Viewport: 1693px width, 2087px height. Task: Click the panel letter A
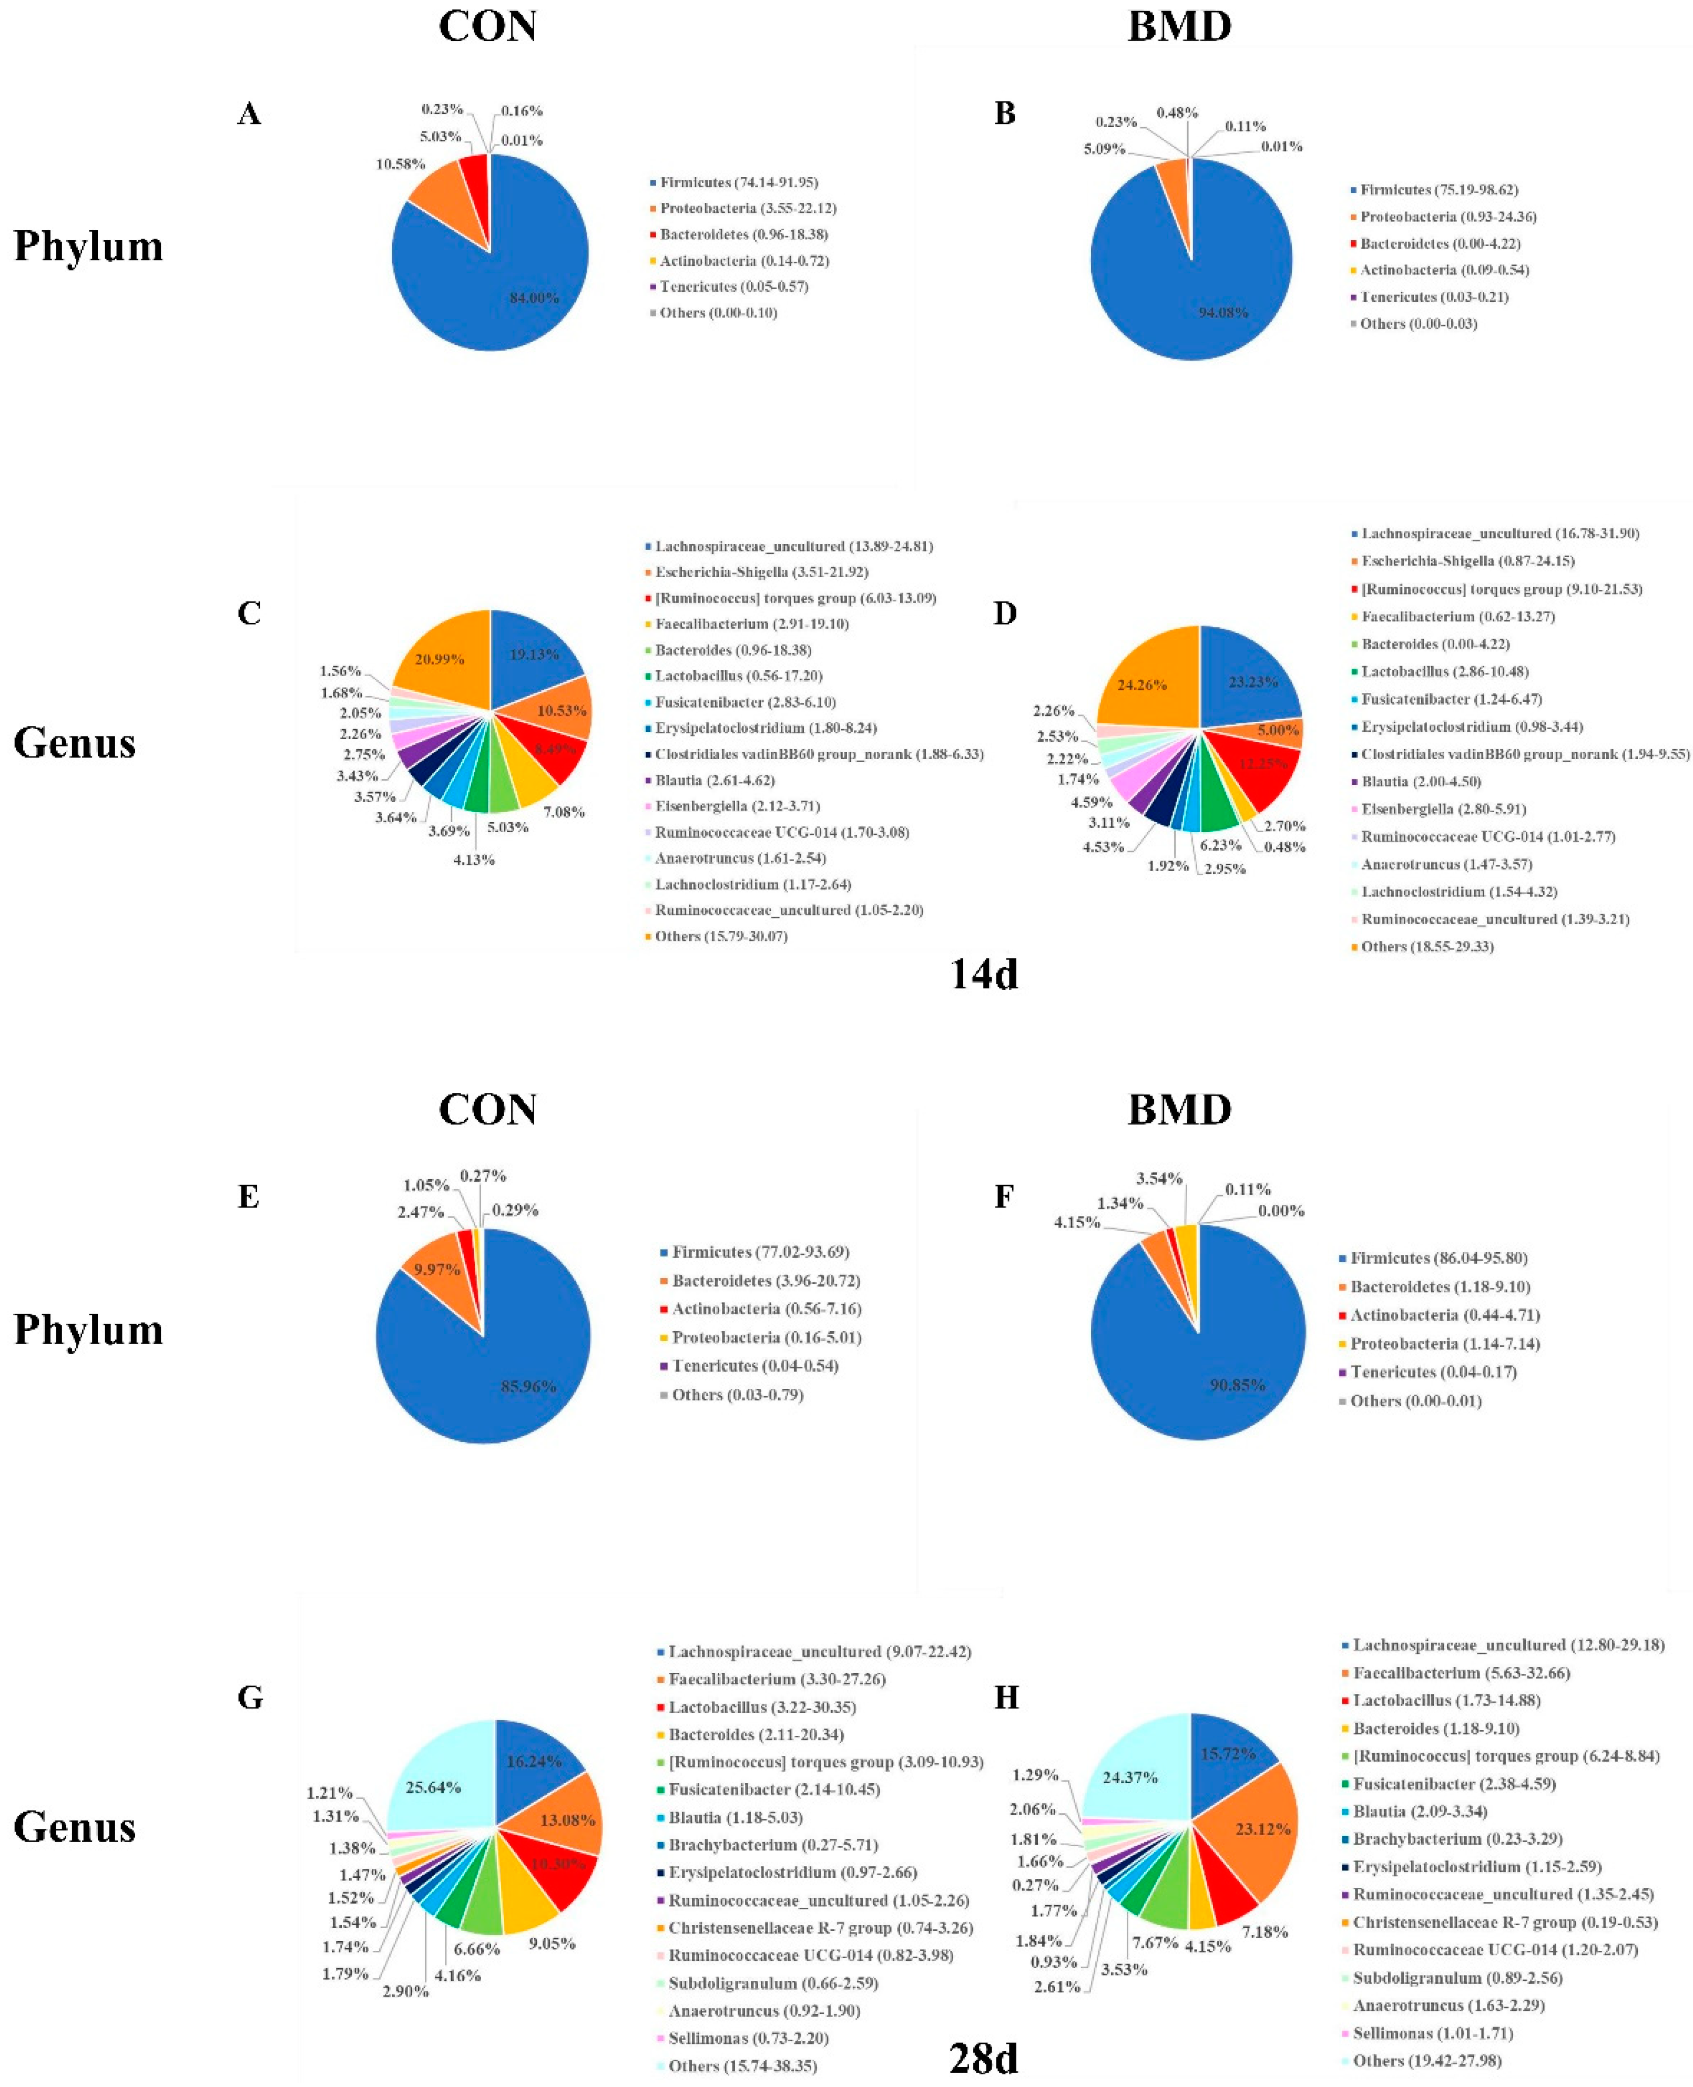click(x=250, y=114)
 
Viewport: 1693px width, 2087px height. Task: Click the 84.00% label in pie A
click(x=534, y=298)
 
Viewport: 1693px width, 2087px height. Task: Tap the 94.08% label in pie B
click(x=1223, y=312)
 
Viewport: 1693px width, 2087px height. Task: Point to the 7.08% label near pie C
click(x=564, y=811)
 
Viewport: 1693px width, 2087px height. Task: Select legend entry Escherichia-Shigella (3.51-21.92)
click(x=761, y=572)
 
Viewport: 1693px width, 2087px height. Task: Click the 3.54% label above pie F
click(x=1159, y=1178)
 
